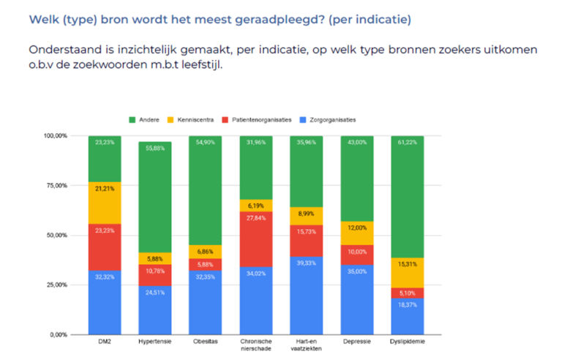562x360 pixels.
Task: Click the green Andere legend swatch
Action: (x=132, y=119)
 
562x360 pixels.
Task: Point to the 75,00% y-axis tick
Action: (x=57, y=186)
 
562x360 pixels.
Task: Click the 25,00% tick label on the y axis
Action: (x=57, y=285)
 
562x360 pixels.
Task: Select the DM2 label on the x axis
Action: (x=104, y=342)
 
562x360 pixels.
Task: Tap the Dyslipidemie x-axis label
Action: (x=408, y=342)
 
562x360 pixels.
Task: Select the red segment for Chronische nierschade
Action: (x=255, y=239)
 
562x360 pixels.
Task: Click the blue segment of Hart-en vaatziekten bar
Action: (x=306, y=296)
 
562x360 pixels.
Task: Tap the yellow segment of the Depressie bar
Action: (x=356, y=233)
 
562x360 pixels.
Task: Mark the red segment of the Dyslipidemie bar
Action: (x=407, y=293)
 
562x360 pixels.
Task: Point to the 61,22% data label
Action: (x=408, y=142)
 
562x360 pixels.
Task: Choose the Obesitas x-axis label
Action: (x=205, y=342)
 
